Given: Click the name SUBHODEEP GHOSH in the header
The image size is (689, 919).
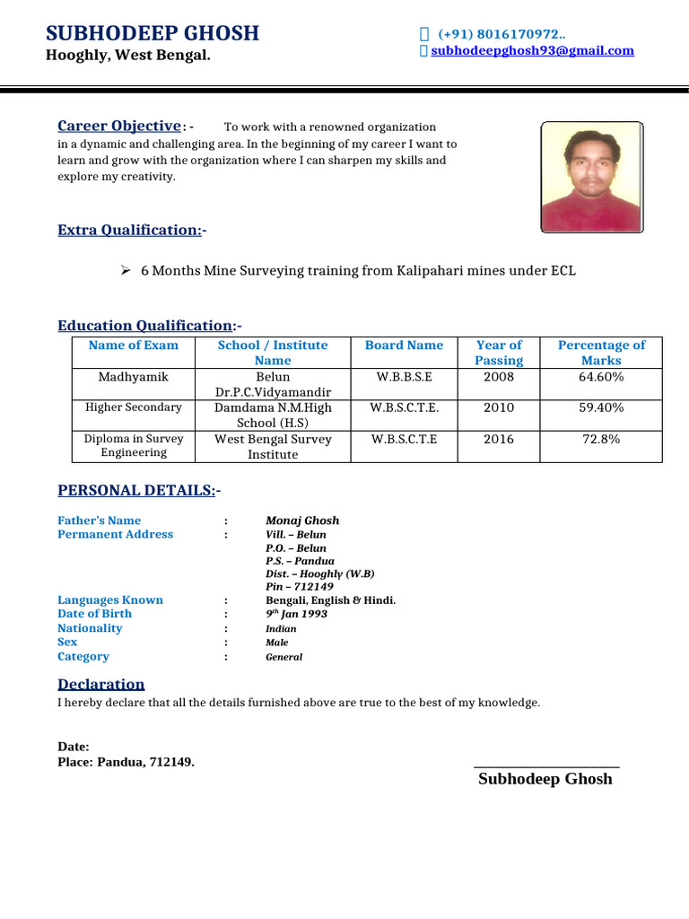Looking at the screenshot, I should point(153,33).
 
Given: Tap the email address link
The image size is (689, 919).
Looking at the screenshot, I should point(532,51).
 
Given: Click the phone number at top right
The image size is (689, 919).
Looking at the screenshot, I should point(501,34).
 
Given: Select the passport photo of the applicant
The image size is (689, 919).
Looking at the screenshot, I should point(591,178).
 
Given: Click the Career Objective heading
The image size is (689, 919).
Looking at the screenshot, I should point(119,127).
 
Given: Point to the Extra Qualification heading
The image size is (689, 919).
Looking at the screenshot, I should point(131,231).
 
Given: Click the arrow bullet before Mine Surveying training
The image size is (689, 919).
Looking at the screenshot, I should point(126,270).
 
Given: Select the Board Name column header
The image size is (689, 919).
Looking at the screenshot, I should point(404,346).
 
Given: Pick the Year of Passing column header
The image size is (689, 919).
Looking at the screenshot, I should point(499,353).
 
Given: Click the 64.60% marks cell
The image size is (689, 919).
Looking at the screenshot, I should point(601,377).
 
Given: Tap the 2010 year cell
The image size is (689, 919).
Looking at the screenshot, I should point(499,407).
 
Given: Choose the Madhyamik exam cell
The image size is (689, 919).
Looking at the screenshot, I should point(133,377).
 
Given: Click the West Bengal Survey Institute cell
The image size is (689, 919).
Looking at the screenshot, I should point(273,446).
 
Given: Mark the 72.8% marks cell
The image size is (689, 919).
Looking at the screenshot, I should point(601,439).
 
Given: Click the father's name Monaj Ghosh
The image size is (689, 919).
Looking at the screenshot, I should point(302,521).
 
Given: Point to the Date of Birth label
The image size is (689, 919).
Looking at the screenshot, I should point(94,614).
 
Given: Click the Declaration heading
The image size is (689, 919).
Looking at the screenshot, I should point(100,685).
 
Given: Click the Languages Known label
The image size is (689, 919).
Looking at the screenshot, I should point(110,600).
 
